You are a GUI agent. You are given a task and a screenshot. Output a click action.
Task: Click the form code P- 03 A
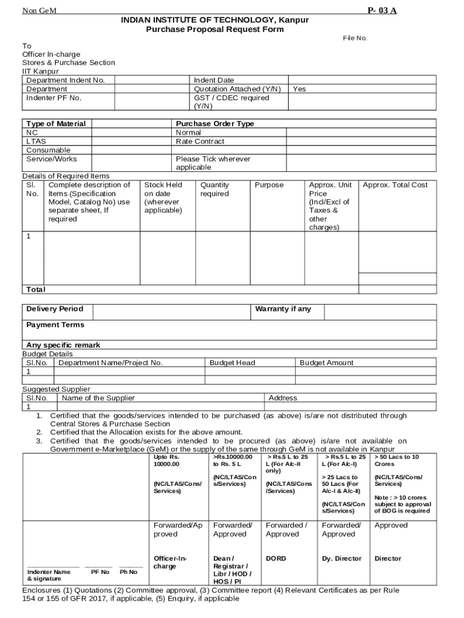(x=382, y=11)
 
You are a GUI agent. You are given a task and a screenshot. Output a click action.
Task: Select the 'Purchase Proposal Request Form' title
(x=215, y=29)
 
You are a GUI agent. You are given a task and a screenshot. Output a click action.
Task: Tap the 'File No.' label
(x=355, y=38)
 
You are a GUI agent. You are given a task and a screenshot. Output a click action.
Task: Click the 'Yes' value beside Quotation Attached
(x=299, y=89)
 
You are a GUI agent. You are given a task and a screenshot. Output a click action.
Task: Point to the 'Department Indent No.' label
(x=66, y=80)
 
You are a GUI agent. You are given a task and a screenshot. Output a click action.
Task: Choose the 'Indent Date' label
(x=214, y=80)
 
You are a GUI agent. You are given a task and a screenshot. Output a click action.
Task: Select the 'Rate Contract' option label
(x=200, y=141)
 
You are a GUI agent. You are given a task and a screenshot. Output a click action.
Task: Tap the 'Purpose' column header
(x=269, y=185)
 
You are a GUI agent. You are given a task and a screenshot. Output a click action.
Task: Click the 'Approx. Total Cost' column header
(x=395, y=185)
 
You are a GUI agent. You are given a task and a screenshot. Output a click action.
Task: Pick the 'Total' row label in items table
(x=36, y=290)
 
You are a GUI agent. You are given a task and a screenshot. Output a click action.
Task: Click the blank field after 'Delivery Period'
(x=171, y=311)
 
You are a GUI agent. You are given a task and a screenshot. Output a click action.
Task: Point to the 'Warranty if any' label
(x=283, y=309)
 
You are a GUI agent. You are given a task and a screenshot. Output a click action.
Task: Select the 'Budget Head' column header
(x=232, y=363)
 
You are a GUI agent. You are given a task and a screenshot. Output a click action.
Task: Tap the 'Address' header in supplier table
(x=283, y=398)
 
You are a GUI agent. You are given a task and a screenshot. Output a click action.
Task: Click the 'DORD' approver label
(x=276, y=558)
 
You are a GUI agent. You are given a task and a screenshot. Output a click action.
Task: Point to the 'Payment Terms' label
(x=55, y=325)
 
